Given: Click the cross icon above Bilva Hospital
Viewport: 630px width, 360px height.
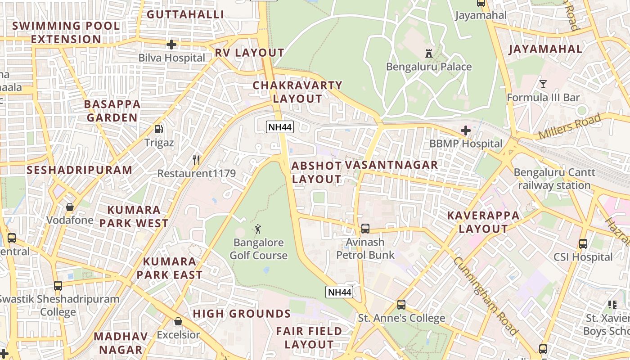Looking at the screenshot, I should [171, 45].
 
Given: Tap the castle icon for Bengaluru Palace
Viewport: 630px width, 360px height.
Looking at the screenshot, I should [429, 54].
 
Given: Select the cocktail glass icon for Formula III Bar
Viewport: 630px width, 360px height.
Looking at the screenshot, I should [543, 84].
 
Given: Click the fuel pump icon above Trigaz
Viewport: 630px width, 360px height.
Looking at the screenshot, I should [158, 129].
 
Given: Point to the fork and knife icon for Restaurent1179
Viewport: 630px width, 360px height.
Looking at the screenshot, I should [196, 160].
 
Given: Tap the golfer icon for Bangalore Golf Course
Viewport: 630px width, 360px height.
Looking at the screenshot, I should [258, 229].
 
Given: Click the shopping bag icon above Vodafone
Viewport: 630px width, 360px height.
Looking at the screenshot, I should [70, 207].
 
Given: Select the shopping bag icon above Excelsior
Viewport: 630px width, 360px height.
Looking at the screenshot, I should [178, 321].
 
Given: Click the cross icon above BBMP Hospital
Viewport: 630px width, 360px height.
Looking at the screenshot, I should [466, 130].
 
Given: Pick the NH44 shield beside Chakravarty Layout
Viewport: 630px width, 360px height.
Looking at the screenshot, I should [280, 127].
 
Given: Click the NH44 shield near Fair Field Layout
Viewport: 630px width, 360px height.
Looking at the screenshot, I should [339, 292].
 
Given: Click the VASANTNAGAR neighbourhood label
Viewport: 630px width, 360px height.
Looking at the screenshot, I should [391, 165].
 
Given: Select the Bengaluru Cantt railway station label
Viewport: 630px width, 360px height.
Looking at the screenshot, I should [554, 179].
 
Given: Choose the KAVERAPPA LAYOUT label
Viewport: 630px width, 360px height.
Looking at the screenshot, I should [483, 222].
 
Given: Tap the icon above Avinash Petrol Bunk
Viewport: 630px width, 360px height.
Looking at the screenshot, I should [365, 229].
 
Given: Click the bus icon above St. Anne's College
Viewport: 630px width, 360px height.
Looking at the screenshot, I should [401, 305].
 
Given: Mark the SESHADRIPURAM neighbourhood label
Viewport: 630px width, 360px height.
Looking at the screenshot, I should [80, 170].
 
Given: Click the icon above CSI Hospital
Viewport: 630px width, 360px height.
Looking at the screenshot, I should [583, 244].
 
